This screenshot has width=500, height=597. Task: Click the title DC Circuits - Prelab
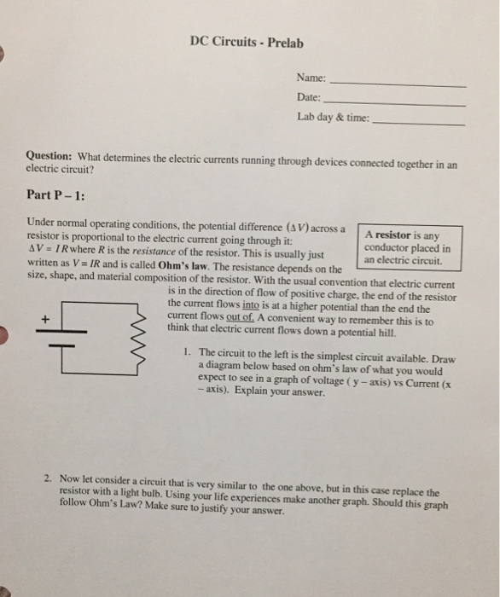[246, 42]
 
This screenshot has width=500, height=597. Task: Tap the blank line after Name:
[397, 85]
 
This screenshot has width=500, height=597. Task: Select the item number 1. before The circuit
[187, 351]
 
